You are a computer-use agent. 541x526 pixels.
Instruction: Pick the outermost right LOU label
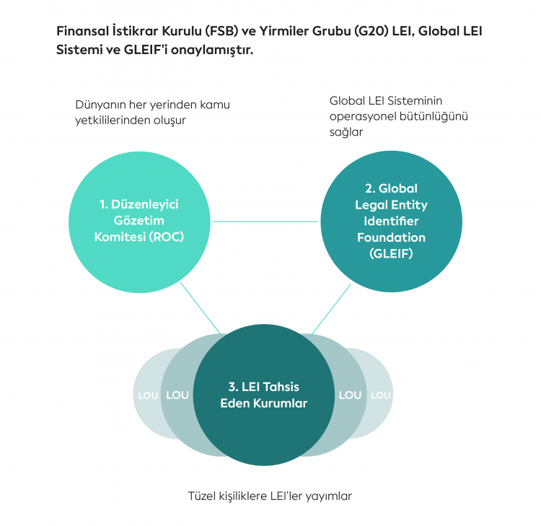tap(380, 395)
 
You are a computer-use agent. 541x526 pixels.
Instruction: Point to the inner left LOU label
tap(177, 395)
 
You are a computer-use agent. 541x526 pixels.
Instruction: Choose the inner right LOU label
tap(350, 395)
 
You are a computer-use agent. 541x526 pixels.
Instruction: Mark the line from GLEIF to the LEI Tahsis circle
tap(331, 308)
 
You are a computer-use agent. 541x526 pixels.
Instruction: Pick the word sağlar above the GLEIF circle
tap(346, 133)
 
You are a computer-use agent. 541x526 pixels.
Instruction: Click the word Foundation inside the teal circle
tap(391, 237)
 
